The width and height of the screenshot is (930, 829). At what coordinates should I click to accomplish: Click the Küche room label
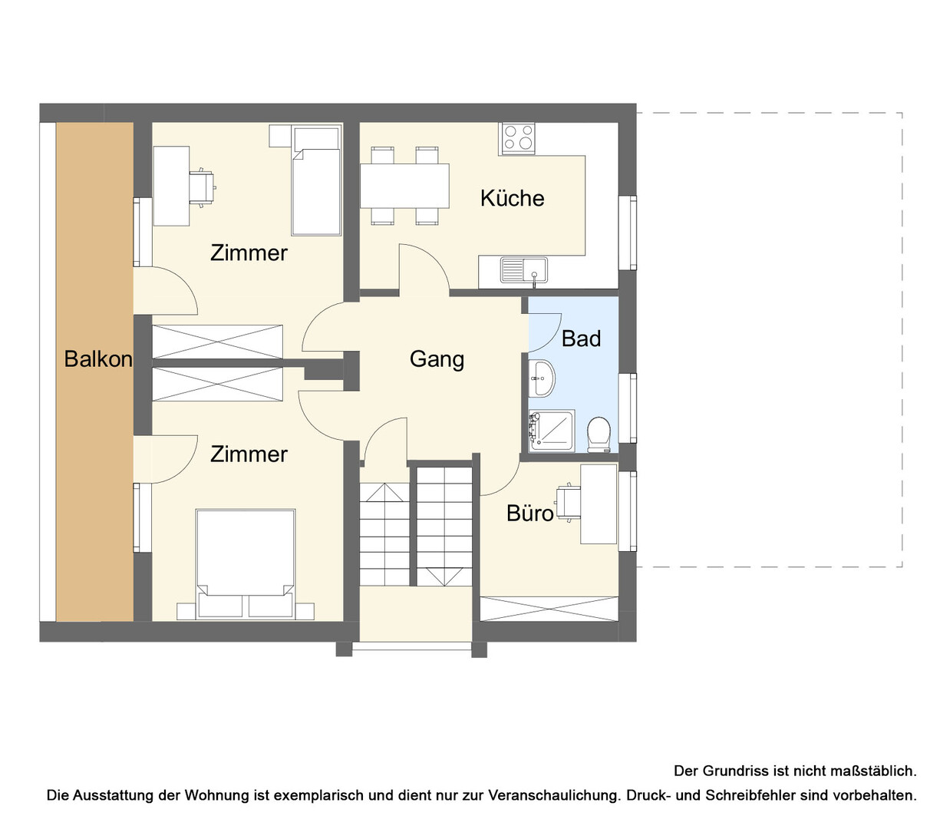512,198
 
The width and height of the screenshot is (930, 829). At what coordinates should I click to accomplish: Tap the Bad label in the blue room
581,339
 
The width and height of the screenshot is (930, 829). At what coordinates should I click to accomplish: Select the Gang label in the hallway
437,359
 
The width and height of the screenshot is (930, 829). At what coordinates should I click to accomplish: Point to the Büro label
529,513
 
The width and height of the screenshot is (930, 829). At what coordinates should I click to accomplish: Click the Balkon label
98,358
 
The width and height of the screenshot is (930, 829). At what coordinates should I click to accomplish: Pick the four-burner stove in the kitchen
518,138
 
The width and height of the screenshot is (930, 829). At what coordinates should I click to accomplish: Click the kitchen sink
524,270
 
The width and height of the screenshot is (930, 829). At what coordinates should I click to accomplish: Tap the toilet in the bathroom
599,434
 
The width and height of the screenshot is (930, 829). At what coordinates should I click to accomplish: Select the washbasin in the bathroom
541,378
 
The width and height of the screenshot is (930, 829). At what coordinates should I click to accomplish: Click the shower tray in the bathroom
551,431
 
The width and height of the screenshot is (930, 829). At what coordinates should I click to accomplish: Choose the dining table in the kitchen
404,186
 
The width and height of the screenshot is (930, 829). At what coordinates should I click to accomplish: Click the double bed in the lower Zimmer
245,564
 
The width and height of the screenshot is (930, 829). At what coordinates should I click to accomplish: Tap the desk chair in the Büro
569,503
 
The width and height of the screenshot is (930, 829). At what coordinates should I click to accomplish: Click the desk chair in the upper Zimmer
203,187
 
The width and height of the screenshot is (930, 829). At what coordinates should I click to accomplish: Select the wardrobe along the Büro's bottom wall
549,609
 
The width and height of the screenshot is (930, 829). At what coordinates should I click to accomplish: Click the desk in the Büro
599,504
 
